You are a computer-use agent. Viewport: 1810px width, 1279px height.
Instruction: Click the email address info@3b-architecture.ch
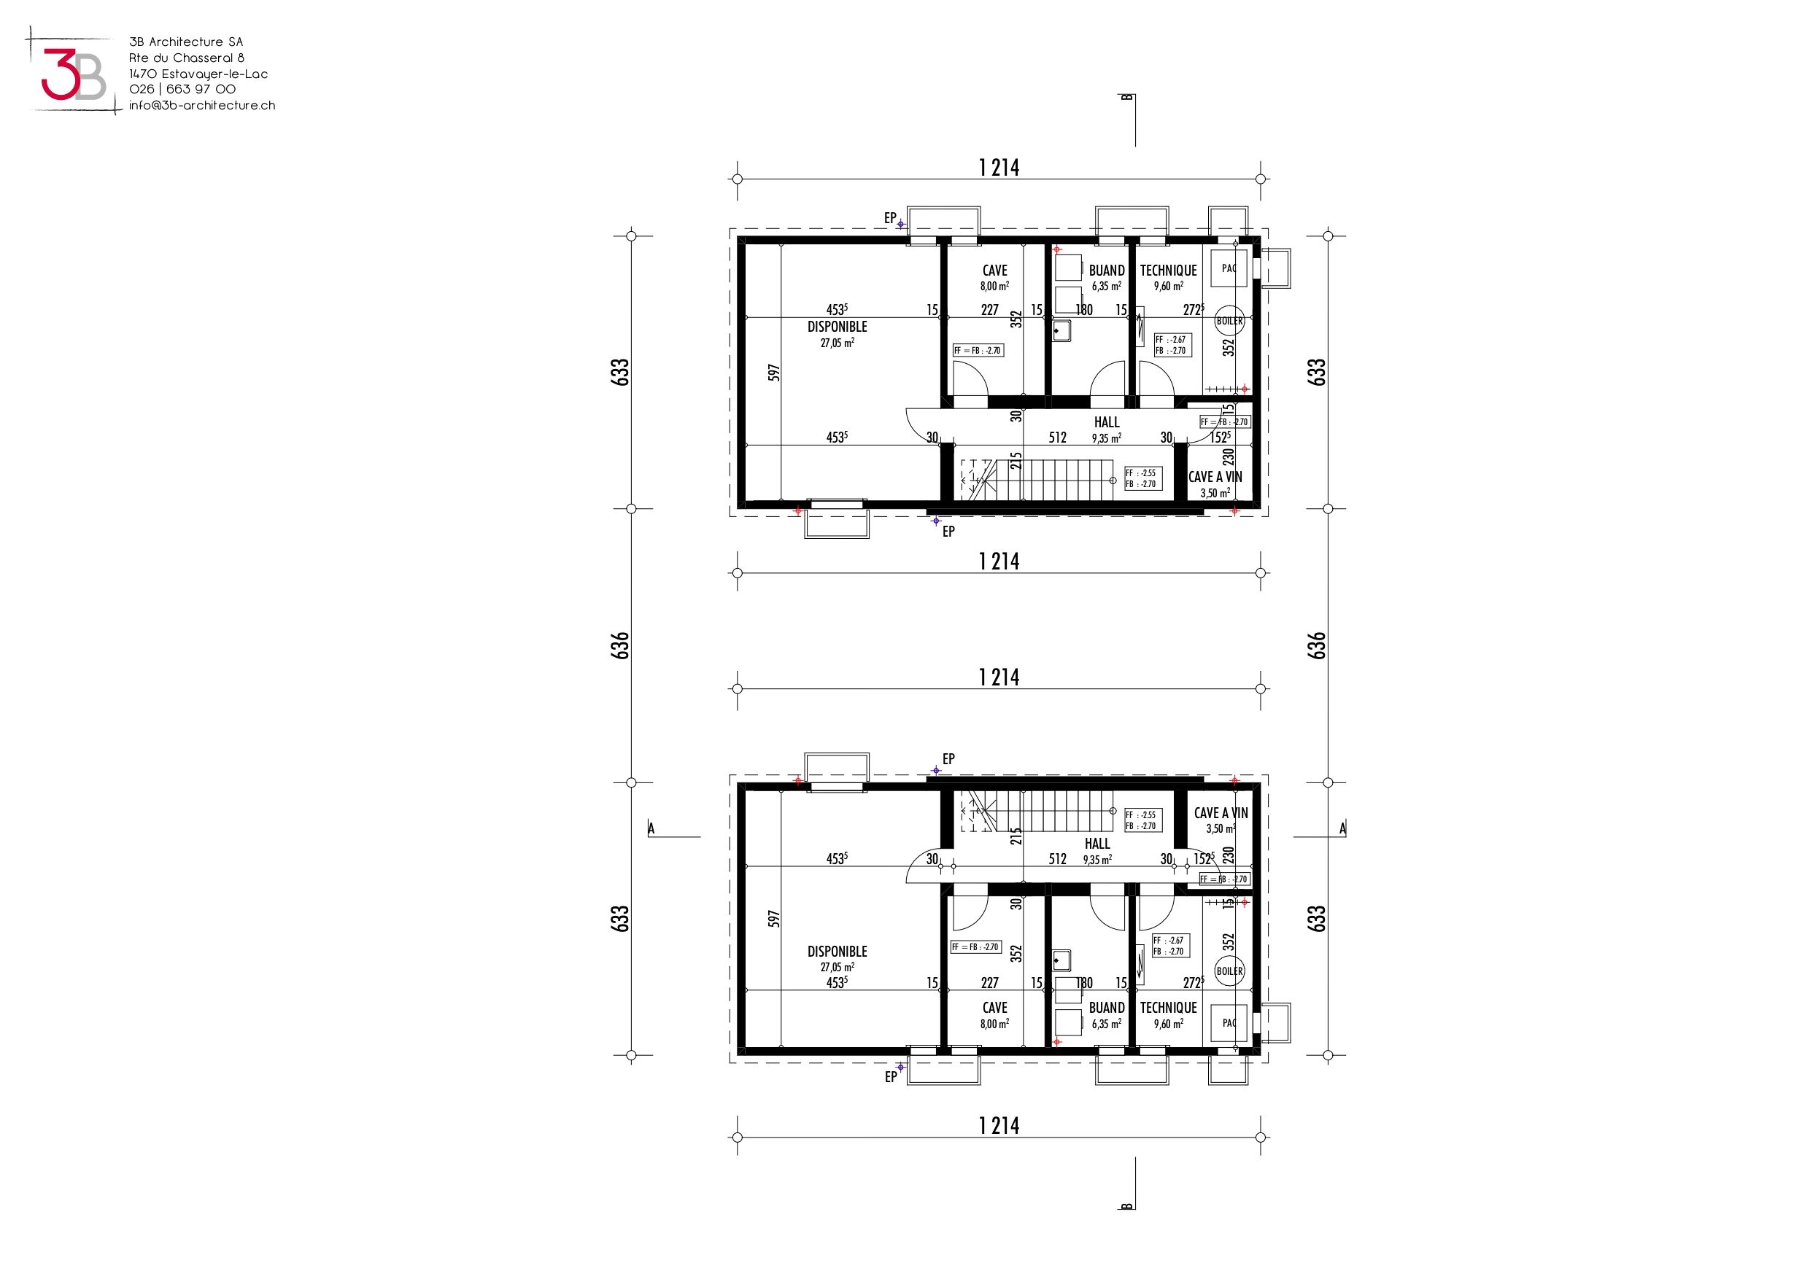click(x=202, y=105)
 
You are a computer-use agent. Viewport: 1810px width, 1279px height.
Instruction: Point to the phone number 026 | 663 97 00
click(x=182, y=89)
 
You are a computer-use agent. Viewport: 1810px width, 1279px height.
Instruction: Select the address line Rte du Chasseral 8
click(x=187, y=58)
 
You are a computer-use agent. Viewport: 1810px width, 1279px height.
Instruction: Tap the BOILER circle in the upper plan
click(x=1229, y=321)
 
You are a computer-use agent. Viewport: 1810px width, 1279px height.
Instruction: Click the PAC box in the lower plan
click(x=1229, y=1023)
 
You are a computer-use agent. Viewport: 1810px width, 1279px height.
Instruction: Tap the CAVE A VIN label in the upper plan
click(x=1215, y=477)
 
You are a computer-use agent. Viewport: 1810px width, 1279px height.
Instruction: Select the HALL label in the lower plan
click(x=1097, y=843)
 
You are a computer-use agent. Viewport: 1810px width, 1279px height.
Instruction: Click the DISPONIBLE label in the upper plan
click(x=838, y=326)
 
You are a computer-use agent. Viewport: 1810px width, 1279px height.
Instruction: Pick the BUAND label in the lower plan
click(x=1107, y=1007)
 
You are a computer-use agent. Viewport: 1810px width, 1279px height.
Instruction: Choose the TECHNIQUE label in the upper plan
click(x=1168, y=271)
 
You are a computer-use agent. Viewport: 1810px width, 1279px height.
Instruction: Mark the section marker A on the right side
click(x=1342, y=828)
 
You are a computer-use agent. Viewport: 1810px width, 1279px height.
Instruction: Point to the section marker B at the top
click(x=1127, y=98)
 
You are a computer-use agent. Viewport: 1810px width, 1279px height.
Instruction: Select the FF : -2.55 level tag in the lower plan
click(x=1141, y=815)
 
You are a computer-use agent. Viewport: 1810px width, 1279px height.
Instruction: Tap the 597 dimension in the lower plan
click(x=774, y=919)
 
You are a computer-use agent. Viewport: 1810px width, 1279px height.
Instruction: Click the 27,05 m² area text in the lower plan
click(x=838, y=967)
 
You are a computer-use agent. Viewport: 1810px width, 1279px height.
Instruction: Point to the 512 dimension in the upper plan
click(x=1057, y=438)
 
